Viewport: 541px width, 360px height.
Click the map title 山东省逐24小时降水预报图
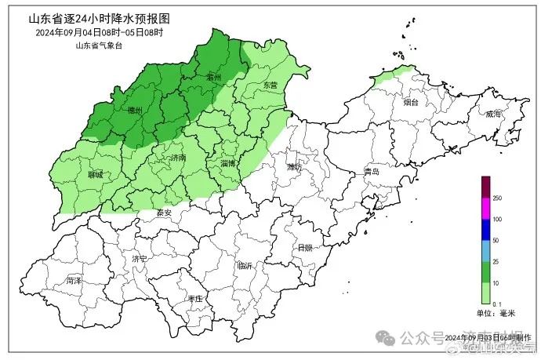click(x=99, y=18)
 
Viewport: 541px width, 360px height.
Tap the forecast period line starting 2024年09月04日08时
click(x=99, y=33)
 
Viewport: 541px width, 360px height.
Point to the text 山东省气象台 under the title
click(x=98, y=45)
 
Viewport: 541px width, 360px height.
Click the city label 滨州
click(x=213, y=77)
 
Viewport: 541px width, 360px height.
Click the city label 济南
click(x=178, y=158)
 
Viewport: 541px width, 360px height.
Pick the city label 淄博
click(x=229, y=163)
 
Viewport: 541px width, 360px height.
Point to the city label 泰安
click(x=163, y=212)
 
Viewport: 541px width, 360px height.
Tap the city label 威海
click(x=493, y=114)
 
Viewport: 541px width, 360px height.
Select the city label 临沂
click(x=245, y=266)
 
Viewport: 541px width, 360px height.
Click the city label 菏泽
click(x=74, y=279)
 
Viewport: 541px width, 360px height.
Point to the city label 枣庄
click(x=195, y=299)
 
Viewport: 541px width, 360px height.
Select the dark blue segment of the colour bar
click(x=485, y=229)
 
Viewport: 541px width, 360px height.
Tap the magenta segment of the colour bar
click(x=485, y=208)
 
